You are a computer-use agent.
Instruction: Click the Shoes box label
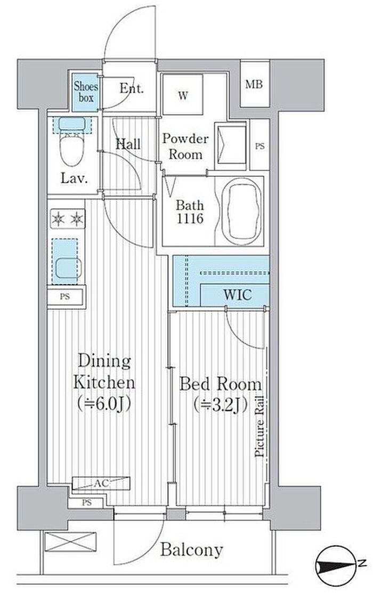[x=86, y=92]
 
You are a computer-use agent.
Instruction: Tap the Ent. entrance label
[x=132, y=88]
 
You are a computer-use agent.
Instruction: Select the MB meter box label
[x=254, y=84]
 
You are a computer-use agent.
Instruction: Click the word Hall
[x=128, y=143]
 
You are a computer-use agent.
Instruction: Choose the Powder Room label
[x=185, y=146]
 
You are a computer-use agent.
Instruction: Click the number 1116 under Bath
[x=190, y=218]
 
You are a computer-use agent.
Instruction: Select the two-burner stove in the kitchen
[x=68, y=218]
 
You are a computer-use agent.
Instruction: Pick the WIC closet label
[x=237, y=295]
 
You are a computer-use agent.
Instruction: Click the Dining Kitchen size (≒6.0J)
[x=104, y=404]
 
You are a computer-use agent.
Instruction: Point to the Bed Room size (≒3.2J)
[x=221, y=405]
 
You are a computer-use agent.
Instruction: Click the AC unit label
[x=102, y=484]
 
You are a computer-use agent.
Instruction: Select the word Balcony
[x=191, y=550]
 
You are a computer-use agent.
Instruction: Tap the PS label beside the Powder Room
[x=260, y=146]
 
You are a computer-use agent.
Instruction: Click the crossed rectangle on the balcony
[x=70, y=541]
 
